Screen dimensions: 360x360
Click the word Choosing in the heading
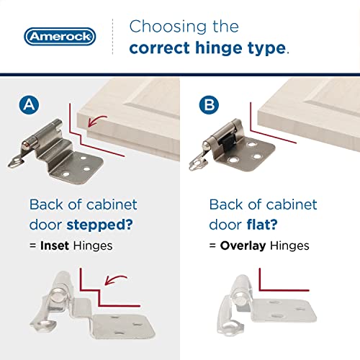(x=163, y=27)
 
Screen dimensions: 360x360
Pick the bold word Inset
(x=54, y=246)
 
